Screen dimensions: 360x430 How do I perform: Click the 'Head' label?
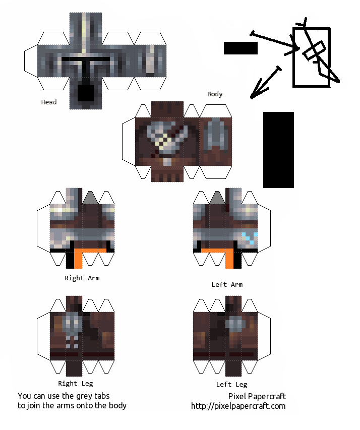pos(49,102)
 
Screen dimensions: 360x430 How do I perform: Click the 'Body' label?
pos(215,94)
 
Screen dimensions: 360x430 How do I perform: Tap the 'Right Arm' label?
pos(82,278)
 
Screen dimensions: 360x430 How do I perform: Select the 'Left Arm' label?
pos(227,285)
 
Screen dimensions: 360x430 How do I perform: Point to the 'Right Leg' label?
pos(76,384)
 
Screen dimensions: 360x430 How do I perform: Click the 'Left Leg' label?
pos(231,385)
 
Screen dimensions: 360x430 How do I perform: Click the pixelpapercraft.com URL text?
pos(238,406)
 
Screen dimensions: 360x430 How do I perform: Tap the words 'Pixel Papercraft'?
pos(257,396)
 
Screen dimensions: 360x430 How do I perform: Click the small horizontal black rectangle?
pos(241,48)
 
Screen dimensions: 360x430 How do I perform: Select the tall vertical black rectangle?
pos(278,150)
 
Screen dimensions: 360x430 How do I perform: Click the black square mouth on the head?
pos(86,93)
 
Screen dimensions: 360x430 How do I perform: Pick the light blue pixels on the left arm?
pos(250,238)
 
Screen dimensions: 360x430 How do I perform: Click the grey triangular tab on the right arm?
pos(90,198)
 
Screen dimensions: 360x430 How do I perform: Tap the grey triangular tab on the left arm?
pos(217,198)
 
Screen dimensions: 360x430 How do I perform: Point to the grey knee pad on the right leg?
pos(73,325)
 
